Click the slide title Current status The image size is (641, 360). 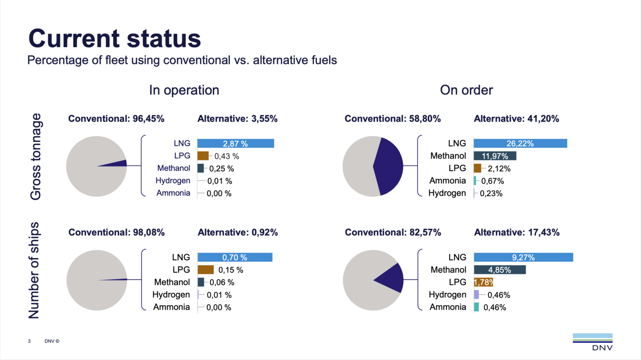114,38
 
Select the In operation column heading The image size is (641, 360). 184,90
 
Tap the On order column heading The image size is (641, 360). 466,90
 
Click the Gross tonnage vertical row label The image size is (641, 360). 36,156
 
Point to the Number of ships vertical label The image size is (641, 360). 34,270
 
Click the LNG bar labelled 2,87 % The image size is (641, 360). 235,143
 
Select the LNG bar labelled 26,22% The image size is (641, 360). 520,143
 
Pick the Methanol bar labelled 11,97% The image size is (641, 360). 495,156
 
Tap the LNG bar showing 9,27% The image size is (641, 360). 523,257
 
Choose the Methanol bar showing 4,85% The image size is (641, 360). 500,270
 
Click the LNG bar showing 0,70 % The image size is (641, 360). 235,257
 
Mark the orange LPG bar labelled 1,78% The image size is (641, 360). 483,282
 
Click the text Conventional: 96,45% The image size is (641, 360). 116,119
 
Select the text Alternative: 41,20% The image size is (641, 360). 516,119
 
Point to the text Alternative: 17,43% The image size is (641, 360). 517,233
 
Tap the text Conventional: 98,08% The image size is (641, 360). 116,233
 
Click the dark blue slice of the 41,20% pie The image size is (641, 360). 389,166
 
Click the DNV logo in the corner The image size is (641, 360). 593,341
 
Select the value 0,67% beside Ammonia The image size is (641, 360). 492,181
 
